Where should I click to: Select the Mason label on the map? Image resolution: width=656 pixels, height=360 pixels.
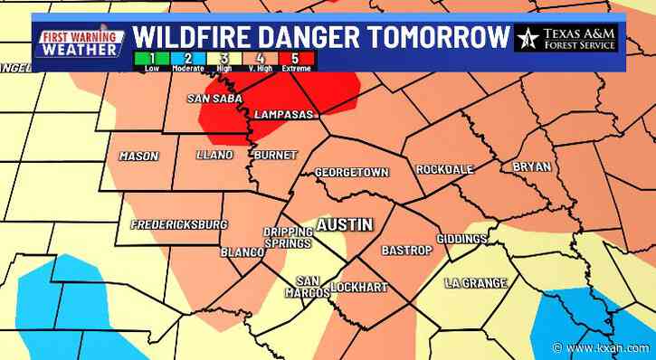(138, 156)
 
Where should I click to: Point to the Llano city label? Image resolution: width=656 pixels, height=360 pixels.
(214, 156)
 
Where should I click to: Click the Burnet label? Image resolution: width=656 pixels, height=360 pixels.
(274, 156)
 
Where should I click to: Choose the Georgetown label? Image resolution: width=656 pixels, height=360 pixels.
(351, 172)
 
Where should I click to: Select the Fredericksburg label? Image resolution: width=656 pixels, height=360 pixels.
(177, 223)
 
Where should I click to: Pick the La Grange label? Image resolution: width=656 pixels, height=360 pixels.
(475, 283)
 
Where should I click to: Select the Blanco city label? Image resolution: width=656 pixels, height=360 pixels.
(241, 252)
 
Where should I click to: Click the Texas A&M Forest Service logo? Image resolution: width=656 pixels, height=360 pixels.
(567, 39)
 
